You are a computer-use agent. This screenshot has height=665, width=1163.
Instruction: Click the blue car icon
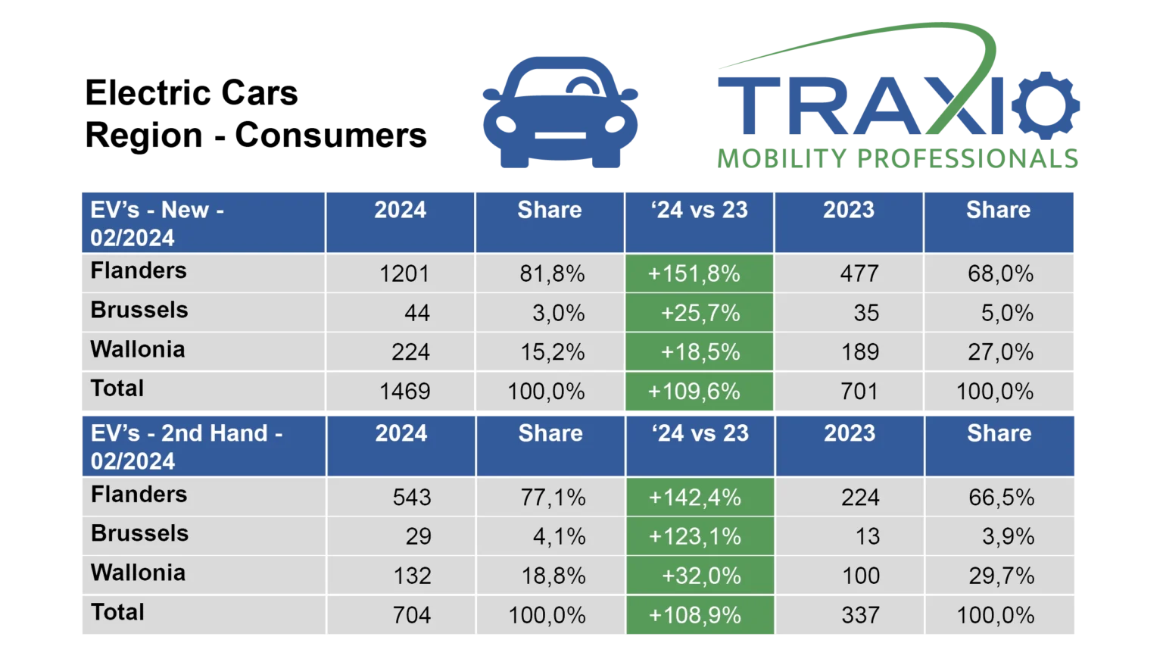[x=560, y=112]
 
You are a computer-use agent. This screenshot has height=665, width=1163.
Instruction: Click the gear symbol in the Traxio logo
[x=1048, y=106]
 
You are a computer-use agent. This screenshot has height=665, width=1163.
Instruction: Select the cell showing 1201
[x=404, y=273]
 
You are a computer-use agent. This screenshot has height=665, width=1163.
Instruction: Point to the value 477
[x=859, y=273]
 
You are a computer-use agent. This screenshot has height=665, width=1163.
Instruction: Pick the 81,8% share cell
[x=552, y=273]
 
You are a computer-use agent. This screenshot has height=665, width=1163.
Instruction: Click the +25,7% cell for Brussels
[x=700, y=313]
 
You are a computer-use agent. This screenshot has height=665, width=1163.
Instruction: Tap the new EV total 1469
[x=404, y=392]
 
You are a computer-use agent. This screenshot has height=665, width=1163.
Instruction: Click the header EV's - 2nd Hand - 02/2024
[x=186, y=447]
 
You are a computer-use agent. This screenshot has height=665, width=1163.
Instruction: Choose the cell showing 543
[x=412, y=498]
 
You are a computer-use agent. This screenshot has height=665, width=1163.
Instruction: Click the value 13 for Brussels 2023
[x=868, y=536]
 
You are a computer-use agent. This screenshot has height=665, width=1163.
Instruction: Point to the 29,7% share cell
[x=1002, y=576]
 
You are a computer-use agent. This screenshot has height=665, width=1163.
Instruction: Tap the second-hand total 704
[x=412, y=615]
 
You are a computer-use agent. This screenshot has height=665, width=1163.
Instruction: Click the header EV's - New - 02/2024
[x=157, y=223]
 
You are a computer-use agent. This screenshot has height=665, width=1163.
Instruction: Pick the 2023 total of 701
[x=859, y=392]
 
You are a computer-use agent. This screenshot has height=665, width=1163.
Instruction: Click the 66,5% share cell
[x=1002, y=498]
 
